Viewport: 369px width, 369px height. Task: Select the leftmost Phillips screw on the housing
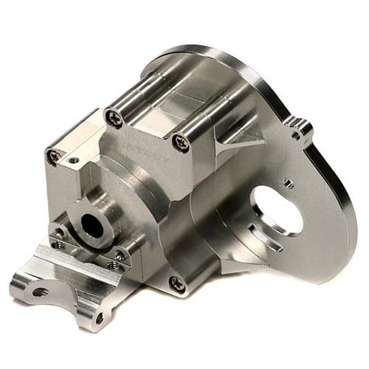pos(54,155)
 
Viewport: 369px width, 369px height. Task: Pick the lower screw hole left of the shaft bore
pos(58,245)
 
